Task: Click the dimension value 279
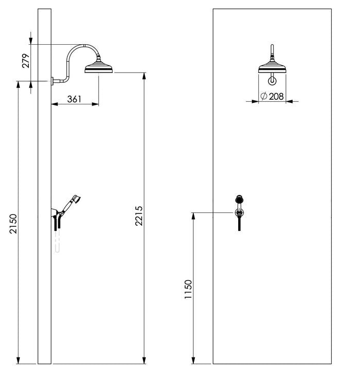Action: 26,61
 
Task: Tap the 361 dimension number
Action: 75,99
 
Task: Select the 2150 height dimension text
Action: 13,224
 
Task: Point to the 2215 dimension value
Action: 139,215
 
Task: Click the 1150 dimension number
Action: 188,289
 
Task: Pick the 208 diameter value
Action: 276,97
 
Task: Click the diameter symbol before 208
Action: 264,96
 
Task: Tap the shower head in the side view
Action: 99,68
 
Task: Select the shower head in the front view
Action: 272,67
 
